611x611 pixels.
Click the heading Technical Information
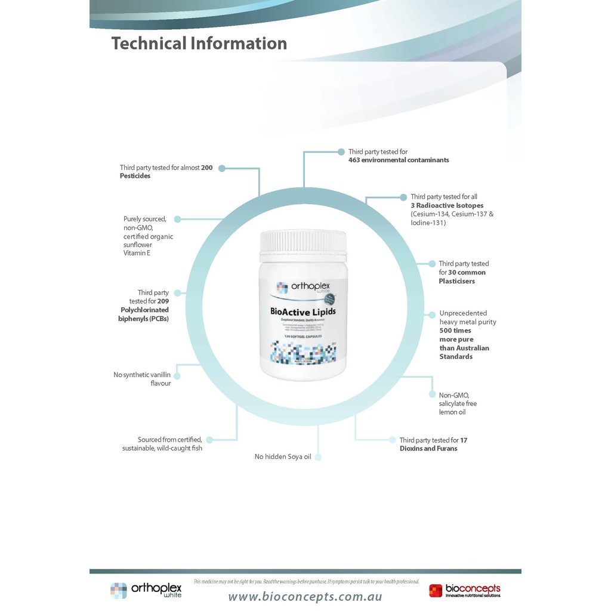[199, 44]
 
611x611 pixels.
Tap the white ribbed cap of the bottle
[303, 242]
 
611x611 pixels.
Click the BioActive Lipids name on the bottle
[303, 311]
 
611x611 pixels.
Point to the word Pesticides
[135, 176]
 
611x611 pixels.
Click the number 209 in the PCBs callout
[163, 301]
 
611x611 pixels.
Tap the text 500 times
[455, 331]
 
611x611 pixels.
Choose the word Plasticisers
[456, 281]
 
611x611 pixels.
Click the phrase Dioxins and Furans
[428, 449]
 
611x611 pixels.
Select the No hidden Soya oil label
[283, 457]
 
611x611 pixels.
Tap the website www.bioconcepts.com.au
[305, 597]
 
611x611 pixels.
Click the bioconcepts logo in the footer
[465, 591]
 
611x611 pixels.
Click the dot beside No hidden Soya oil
[318, 457]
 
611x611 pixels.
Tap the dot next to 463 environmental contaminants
[341, 152]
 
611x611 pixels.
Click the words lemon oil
[452, 412]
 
